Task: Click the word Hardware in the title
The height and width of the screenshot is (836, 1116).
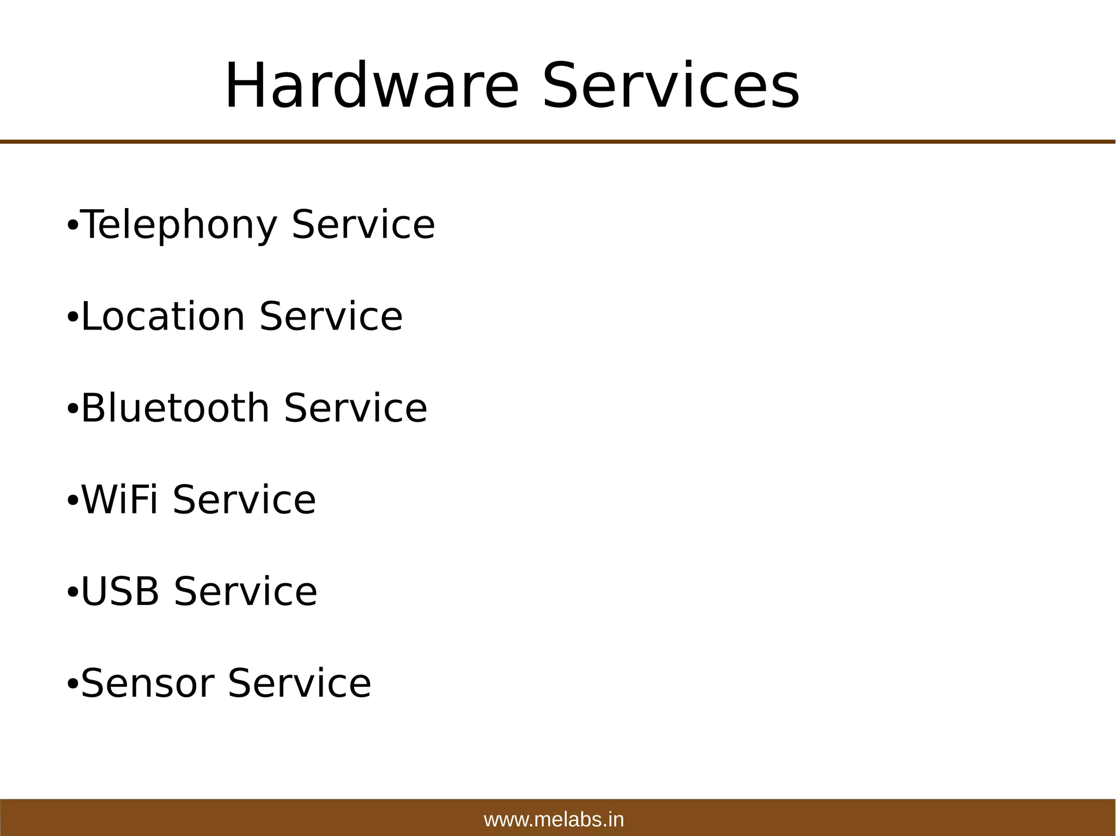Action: (372, 86)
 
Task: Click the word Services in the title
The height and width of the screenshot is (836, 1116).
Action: (671, 86)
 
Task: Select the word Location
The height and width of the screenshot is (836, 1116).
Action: (163, 316)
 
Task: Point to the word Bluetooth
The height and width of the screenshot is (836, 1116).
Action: (175, 408)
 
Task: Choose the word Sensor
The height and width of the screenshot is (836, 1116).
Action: (147, 683)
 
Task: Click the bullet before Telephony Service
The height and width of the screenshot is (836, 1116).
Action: (72, 225)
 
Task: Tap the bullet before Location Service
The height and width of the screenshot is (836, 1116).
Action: (72, 317)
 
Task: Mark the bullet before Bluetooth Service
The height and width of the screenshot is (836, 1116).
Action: (72, 408)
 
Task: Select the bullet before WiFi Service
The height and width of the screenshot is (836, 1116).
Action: (72, 500)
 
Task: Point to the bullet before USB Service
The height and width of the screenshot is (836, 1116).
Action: (72, 592)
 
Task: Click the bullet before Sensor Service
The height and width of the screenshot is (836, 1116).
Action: (72, 684)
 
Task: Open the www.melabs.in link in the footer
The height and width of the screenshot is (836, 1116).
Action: (554, 820)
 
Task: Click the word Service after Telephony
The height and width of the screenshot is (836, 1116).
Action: (363, 225)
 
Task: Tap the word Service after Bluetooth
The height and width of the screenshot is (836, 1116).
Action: (356, 408)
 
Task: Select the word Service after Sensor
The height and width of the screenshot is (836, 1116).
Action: (300, 683)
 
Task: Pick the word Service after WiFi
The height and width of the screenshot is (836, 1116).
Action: (244, 499)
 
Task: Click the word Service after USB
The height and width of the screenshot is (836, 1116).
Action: (246, 591)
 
